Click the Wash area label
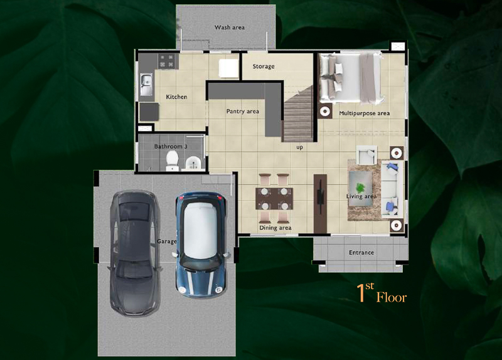coord(230,28)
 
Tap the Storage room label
coord(264,66)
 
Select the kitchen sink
coord(147,85)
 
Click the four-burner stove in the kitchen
coord(167,61)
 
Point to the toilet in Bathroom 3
coord(172,161)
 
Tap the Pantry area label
coord(243,112)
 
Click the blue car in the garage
coord(201,245)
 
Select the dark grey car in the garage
coord(135,253)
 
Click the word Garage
coord(167,241)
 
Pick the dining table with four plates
coord(274,199)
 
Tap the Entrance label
coord(361,253)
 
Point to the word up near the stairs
coord(300,147)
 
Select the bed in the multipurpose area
coord(351,79)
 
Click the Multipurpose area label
coord(365,114)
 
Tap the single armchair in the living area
coord(366,155)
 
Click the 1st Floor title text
coord(382,293)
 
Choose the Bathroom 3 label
coord(171,147)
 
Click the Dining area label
coord(275,228)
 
